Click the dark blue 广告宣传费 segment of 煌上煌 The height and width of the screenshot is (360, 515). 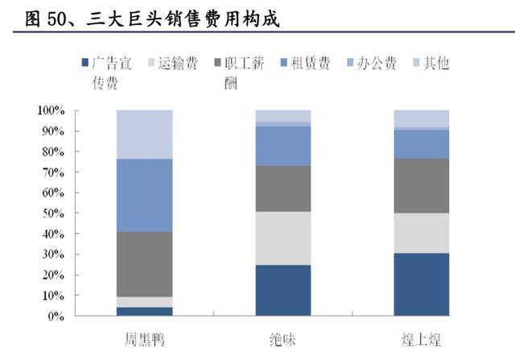pyautogui.click(x=422, y=284)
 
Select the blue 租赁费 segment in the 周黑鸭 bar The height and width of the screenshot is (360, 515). pyautogui.click(x=144, y=195)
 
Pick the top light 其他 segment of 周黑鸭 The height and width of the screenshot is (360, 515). pyautogui.click(x=144, y=134)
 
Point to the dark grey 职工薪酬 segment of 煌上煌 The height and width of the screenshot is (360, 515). pyautogui.click(x=422, y=185)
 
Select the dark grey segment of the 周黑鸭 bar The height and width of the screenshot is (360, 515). pyautogui.click(x=144, y=264)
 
